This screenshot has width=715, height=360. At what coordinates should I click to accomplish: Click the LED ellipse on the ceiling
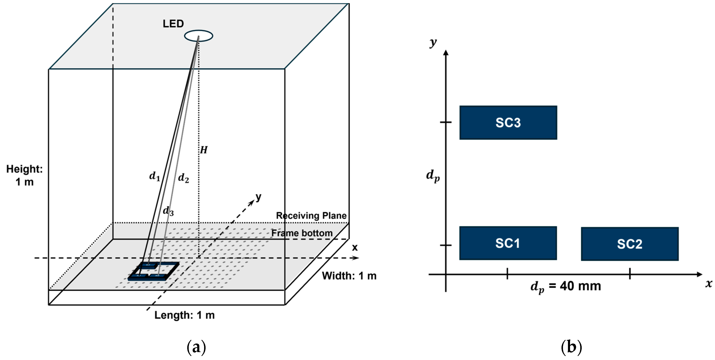point(199,36)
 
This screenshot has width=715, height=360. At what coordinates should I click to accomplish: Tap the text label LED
point(173,24)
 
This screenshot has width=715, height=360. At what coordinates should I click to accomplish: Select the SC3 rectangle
point(508,122)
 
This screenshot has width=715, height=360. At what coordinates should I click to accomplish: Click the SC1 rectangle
point(508,243)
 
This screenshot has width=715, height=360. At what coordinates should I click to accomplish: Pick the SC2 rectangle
point(630,244)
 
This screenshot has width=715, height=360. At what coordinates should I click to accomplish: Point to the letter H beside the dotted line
point(204,150)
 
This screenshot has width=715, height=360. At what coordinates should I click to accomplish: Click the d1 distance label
point(155,176)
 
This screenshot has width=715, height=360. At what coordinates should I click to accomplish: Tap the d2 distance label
point(183,178)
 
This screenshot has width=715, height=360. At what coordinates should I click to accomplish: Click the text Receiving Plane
point(311,215)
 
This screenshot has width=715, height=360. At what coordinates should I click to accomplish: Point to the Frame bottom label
point(302,233)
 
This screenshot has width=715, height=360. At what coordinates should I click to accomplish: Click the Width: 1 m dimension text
point(349,276)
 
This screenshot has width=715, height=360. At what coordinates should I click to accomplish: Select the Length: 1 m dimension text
point(185,315)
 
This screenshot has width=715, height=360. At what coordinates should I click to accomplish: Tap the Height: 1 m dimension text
point(24,175)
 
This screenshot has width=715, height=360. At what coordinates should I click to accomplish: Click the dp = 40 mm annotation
point(566,286)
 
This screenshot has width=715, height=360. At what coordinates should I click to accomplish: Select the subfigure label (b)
point(571,347)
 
